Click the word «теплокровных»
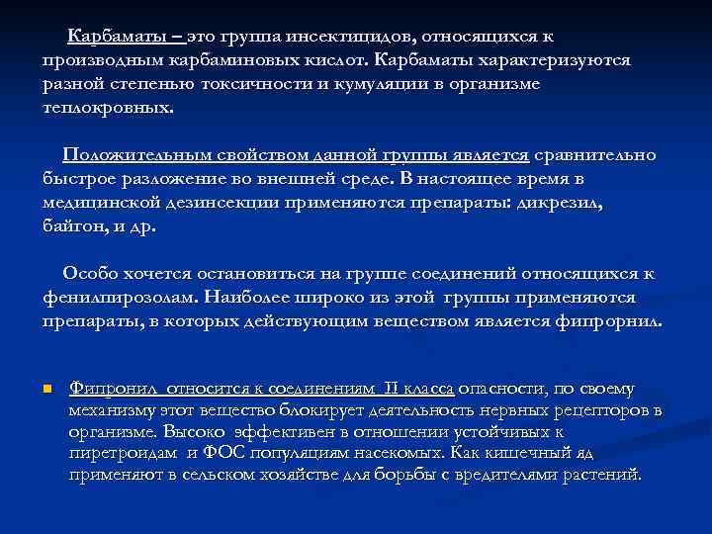coord(106,107)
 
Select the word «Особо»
coord(89,274)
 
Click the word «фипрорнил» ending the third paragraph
coord(613,321)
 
